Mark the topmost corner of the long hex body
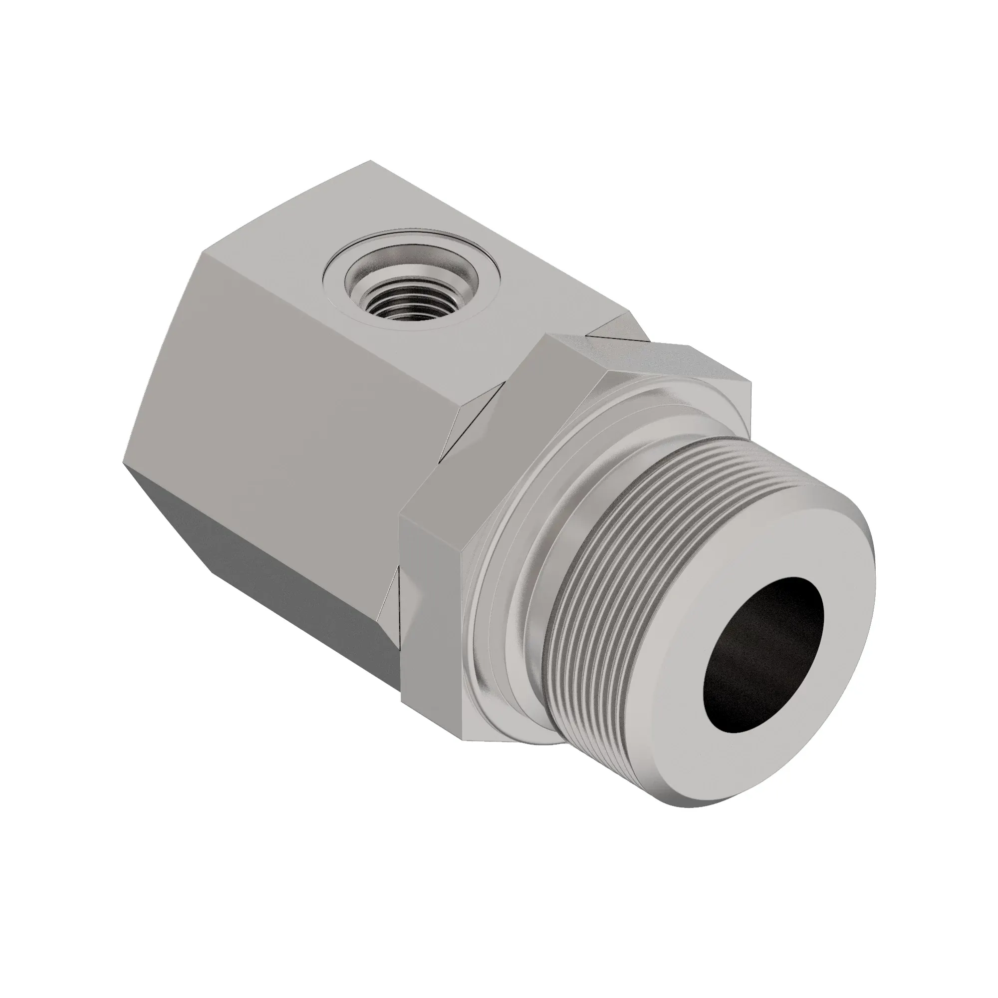point(370,161)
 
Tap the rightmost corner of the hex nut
point(750,383)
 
